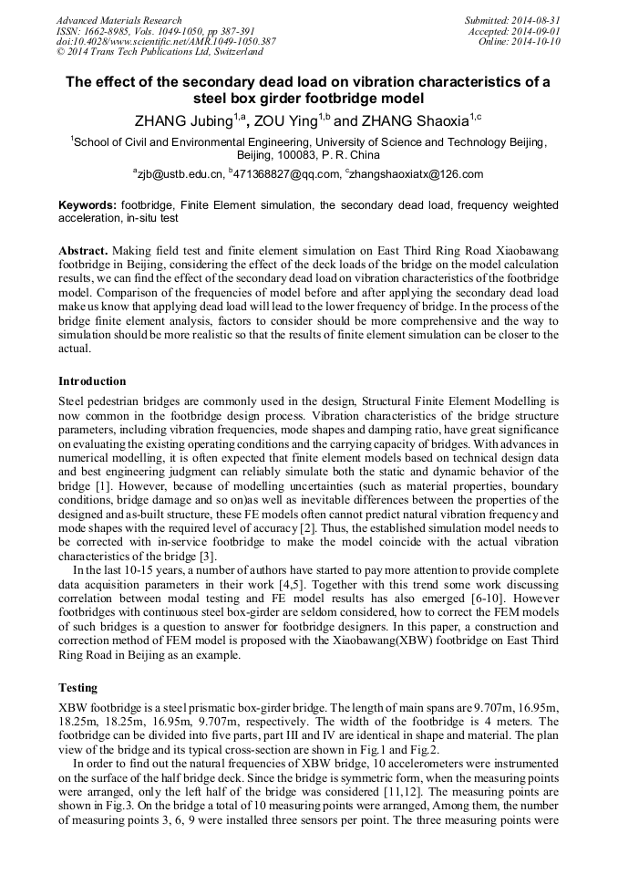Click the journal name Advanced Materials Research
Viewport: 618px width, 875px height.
(x=118, y=20)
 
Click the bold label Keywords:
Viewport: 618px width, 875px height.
(x=88, y=206)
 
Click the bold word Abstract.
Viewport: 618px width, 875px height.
(x=83, y=250)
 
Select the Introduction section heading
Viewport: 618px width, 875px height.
(x=92, y=380)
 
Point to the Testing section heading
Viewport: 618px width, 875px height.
(x=78, y=688)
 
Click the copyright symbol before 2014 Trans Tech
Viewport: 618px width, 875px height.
(x=60, y=53)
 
